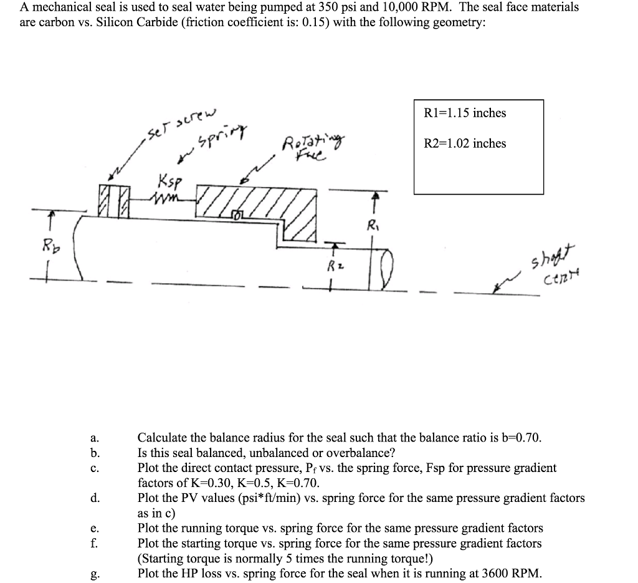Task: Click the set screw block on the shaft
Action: [x=113, y=199]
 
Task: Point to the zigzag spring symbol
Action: [x=166, y=198]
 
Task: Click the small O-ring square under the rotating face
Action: [x=237, y=216]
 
